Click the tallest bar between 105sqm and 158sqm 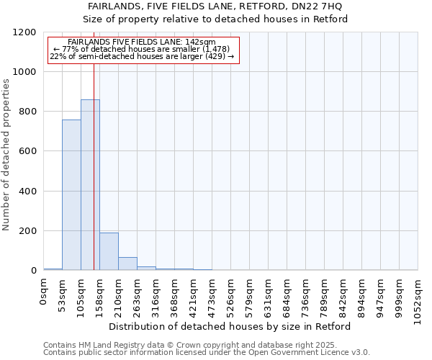(x=90, y=185)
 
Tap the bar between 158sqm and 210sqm (x=109, y=251)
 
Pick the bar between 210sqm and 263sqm (x=127, y=264)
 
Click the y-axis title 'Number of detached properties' (x=6, y=155)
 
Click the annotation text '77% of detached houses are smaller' (x=142, y=49)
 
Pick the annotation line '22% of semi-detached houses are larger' (x=142, y=56)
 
